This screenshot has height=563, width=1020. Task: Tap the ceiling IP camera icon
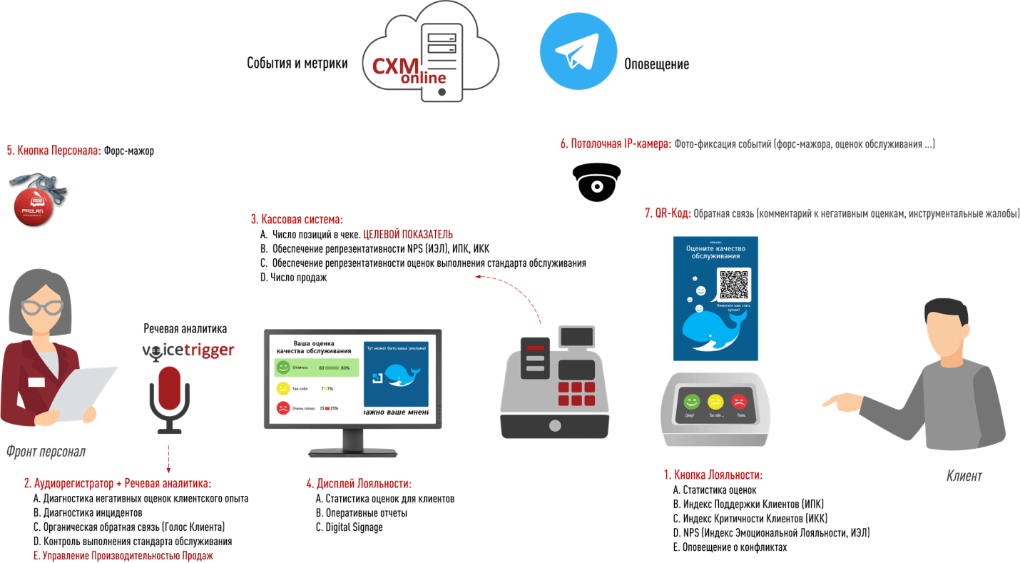(x=596, y=181)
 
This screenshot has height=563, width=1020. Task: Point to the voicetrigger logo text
(x=188, y=351)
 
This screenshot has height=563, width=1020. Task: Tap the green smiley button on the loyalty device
(x=690, y=401)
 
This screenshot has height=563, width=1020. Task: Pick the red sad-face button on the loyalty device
(x=739, y=401)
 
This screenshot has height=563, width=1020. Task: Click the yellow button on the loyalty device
(x=715, y=401)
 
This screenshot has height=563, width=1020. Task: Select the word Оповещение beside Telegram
(x=656, y=64)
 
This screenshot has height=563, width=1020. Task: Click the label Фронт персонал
(x=46, y=451)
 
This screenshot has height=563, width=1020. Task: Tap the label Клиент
(x=964, y=476)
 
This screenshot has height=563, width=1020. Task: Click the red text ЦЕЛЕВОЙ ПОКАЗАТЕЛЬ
(x=408, y=235)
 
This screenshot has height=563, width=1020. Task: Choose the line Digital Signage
(x=354, y=527)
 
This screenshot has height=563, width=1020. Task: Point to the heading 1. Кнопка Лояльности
(x=713, y=475)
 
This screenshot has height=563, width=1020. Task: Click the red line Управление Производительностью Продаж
(x=128, y=556)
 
